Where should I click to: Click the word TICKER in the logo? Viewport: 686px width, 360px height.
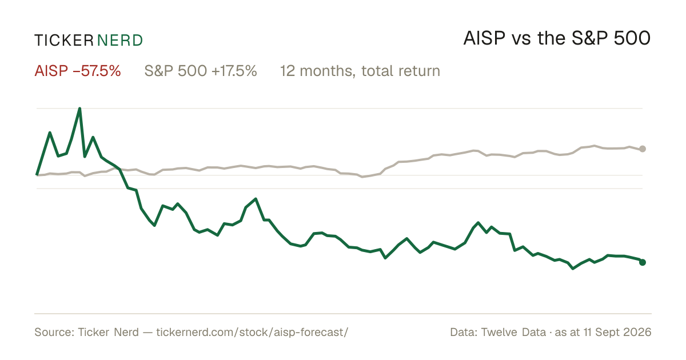point(63,41)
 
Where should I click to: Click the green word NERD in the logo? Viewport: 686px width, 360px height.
point(120,41)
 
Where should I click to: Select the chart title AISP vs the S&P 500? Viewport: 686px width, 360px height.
point(557,38)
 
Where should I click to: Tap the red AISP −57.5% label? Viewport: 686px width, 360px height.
point(78,71)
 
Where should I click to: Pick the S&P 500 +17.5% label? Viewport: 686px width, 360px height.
point(201,71)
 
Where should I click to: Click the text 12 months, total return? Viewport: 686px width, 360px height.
point(360,71)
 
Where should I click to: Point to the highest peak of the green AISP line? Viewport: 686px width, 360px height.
point(79,109)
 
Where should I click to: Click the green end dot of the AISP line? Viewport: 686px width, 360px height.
point(643,262)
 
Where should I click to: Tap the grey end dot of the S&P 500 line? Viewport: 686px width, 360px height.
point(643,149)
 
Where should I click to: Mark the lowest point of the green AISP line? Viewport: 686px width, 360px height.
point(573,269)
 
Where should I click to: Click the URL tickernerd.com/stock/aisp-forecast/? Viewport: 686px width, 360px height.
point(252,332)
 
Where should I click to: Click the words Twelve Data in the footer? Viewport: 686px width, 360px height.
point(513,332)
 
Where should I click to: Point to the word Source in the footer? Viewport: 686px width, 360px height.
point(54,332)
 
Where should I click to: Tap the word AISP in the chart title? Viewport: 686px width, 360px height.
point(484,38)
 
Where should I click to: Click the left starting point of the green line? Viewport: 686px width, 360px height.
point(37,175)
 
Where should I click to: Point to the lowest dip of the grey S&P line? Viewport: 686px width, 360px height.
point(362,177)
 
